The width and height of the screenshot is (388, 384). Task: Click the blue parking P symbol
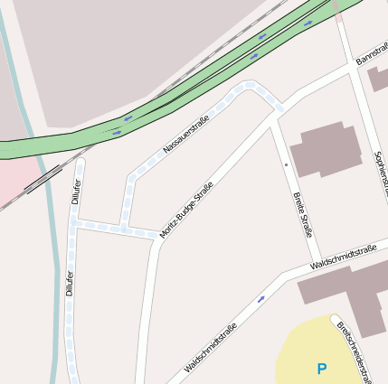[321, 369]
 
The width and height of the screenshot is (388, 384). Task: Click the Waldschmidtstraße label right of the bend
[342, 258]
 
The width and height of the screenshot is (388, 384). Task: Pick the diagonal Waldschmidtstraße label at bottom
[210, 348]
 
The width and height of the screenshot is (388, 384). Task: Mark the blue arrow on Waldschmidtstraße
[261, 298]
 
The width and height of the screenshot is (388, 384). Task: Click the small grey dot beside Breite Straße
[286, 165]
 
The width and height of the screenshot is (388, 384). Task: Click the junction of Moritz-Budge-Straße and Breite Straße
[274, 116]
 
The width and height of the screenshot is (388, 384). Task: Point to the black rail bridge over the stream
[39, 181]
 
